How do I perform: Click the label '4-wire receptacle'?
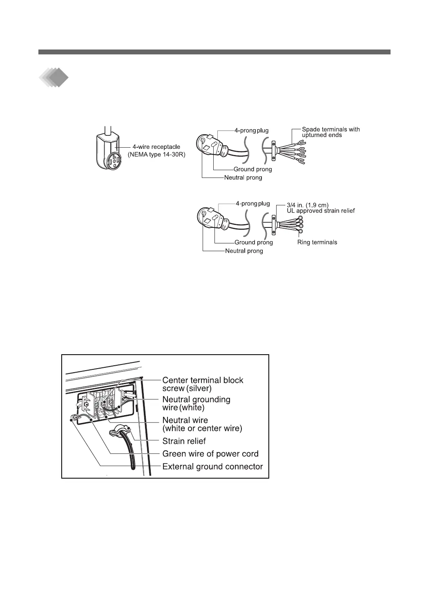tap(156, 146)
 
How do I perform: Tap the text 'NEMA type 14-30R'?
tap(156, 154)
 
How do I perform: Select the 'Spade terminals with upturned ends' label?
tap(331, 132)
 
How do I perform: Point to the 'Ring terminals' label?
tap(317, 242)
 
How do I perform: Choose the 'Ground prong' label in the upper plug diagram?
tap(252, 169)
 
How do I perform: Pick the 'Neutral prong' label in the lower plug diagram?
tap(244, 251)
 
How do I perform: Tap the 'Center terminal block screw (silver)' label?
tap(203, 384)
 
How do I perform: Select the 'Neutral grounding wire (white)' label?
tap(196, 403)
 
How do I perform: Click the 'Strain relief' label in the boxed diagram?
tap(184, 441)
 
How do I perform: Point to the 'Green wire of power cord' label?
tap(210, 454)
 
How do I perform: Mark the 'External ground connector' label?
tap(212, 466)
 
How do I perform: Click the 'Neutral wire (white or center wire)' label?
tap(202, 424)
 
